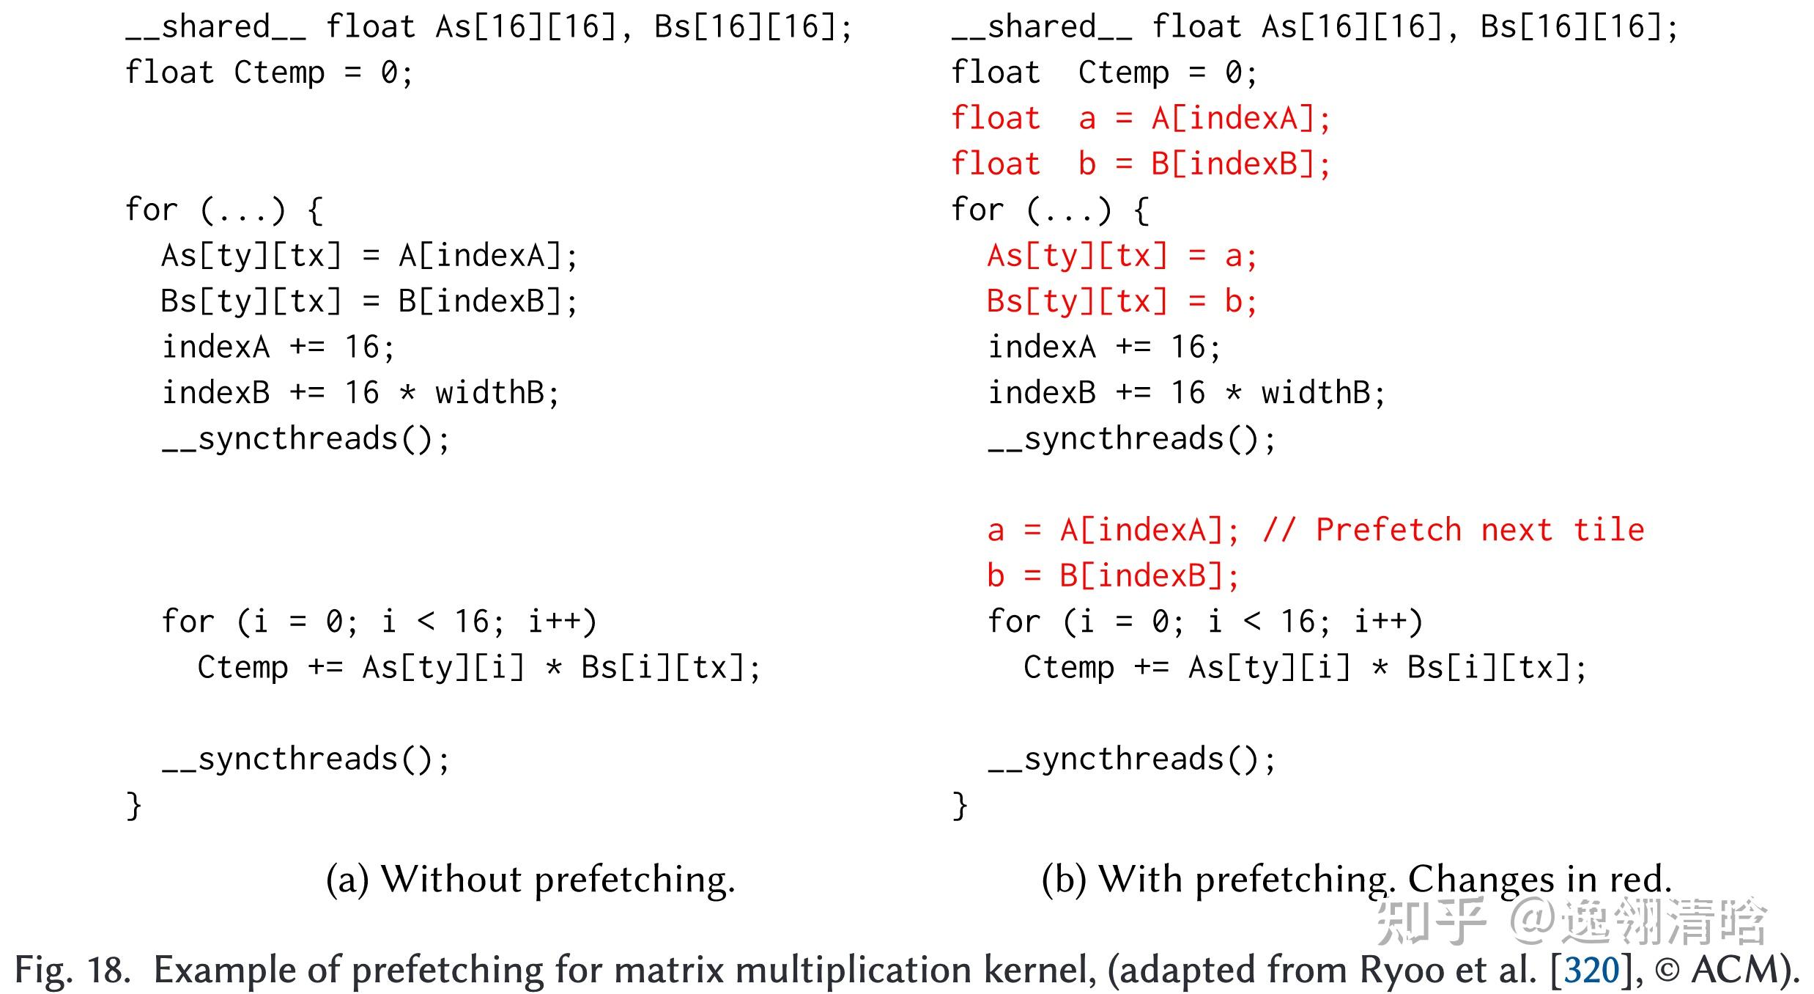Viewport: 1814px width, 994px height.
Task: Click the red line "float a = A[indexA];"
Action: point(1140,119)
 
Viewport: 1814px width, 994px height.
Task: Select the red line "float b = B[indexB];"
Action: point(1140,164)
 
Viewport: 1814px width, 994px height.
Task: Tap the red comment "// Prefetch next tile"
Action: point(1454,530)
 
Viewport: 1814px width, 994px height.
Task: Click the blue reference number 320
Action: point(1591,970)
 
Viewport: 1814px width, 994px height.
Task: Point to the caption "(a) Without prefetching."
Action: point(530,879)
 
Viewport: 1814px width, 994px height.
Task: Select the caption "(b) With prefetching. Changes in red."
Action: point(1357,879)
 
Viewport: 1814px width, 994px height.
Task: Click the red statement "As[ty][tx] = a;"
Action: point(1122,257)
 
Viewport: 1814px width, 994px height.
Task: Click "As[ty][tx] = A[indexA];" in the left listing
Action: point(369,257)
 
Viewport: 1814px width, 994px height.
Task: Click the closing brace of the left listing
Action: point(133,806)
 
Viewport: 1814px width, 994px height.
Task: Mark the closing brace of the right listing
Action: point(960,806)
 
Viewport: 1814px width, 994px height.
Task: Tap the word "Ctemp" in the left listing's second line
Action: point(279,73)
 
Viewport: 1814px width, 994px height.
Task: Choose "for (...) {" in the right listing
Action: point(1049,210)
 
